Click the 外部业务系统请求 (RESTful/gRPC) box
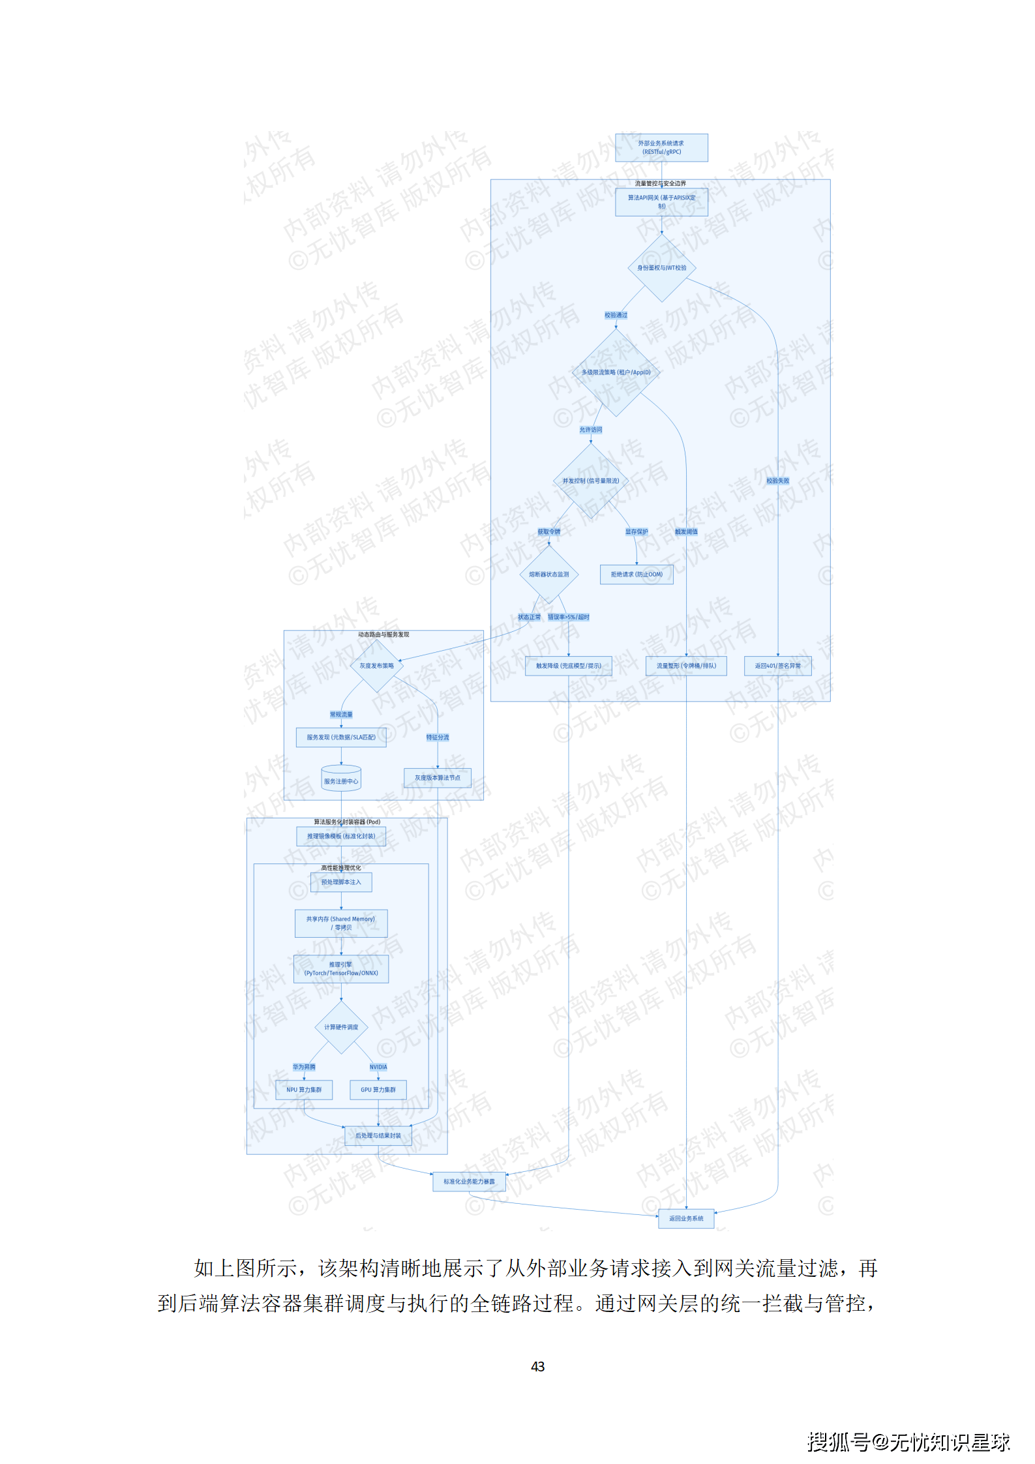[x=661, y=148]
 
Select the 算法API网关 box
[x=661, y=202]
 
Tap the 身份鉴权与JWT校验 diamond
[x=661, y=268]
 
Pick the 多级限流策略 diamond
[x=616, y=372]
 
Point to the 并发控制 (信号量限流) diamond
[x=590, y=481]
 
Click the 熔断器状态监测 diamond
[x=548, y=575]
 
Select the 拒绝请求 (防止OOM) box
[x=637, y=575]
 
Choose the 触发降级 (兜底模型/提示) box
[x=568, y=666]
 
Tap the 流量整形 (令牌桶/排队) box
[x=686, y=666]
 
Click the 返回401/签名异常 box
[x=777, y=666]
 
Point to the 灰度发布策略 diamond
[x=376, y=666]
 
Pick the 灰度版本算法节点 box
[x=437, y=777]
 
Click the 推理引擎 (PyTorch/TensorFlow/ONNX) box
[x=341, y=968]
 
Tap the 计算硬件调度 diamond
[x=341, y=1027]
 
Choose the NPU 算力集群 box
[x=304, y=1090]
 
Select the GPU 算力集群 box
[x=378, y=1090]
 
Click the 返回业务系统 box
[x=686, y=1218]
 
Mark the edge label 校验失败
[x=777, y=481]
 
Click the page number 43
[x=537, y=1366]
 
